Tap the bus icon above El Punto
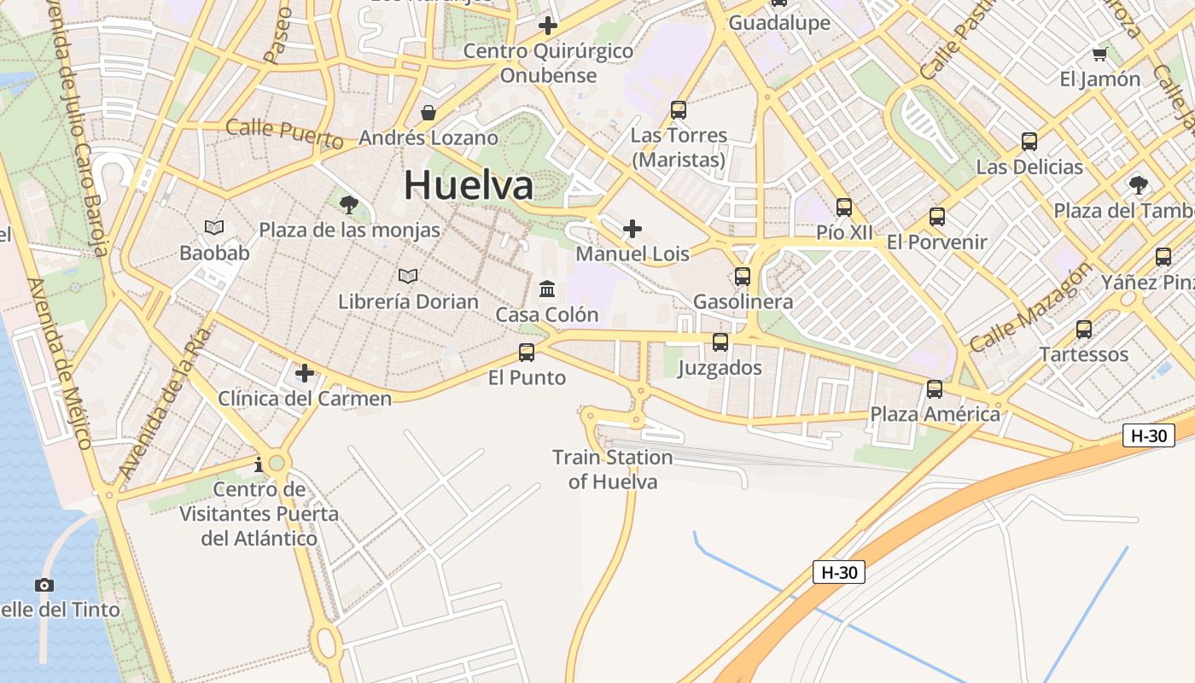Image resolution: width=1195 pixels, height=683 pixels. (527, 352)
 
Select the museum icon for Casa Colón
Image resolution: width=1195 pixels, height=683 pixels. (547, 289)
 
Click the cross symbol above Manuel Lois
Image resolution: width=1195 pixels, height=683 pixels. (632, 229)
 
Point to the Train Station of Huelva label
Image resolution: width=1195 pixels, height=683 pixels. (613, 470)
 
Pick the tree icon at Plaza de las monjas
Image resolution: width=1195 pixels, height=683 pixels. (348, 204)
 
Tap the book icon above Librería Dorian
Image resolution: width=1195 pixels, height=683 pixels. (408, 276)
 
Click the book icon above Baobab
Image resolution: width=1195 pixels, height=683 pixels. (214, 227)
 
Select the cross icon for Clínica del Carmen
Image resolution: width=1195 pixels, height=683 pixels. (305, 373)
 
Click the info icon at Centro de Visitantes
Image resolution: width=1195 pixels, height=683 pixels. (259, 464)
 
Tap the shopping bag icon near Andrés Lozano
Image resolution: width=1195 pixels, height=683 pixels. (428, 113)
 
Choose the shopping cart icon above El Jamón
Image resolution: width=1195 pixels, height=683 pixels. (1099, 55)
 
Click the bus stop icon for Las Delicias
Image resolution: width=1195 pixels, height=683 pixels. (1029, 142)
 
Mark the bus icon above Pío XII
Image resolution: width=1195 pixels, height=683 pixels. (844, 207)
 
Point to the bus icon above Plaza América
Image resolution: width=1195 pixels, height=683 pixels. (935, 389)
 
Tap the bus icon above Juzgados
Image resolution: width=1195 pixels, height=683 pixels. (720, 342)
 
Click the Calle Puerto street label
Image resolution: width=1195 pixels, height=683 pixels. (284, 133)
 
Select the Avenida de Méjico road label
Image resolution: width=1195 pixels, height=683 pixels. (60, 363)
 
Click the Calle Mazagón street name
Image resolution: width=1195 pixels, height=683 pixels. (1030, 306)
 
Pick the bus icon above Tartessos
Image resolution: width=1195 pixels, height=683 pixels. (1084, 329)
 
